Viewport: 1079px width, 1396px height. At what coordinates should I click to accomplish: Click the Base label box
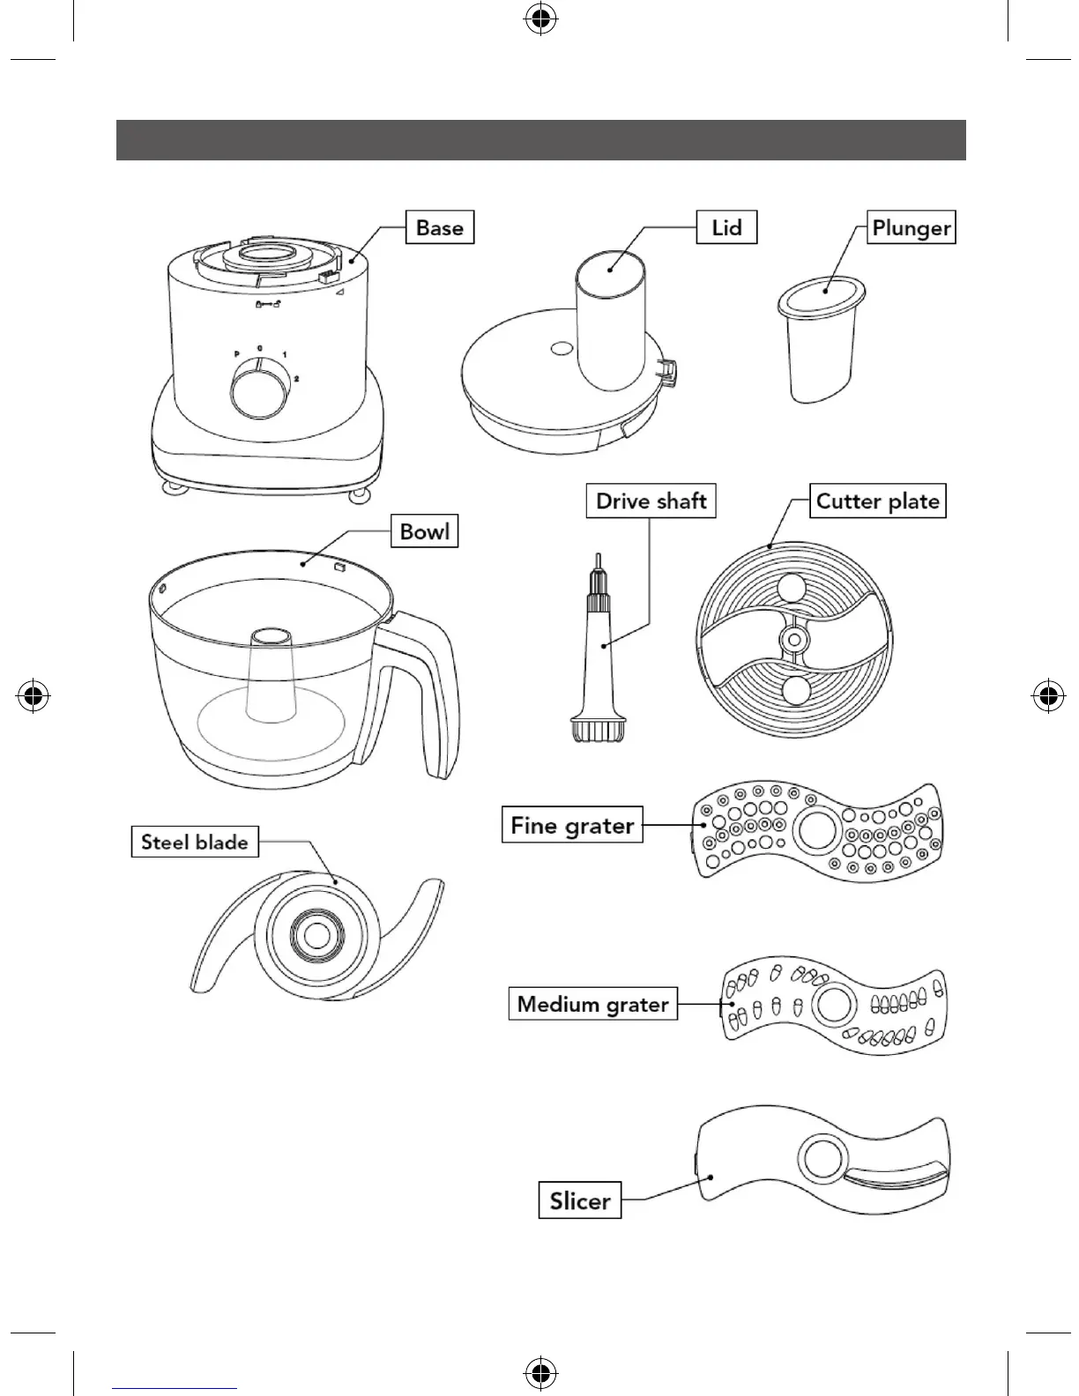pos(439,227)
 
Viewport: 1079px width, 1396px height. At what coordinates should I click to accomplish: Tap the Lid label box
pos(726,227)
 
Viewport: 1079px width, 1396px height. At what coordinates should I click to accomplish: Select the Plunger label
pos(911,227)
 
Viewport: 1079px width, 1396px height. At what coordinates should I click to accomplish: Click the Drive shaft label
pos(651,501)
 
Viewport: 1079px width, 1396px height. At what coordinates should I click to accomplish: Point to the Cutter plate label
pos(877,501)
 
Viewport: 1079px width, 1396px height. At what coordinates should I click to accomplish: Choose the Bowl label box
pos(424,531)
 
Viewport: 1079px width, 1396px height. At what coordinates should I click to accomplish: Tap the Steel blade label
pos(194,842)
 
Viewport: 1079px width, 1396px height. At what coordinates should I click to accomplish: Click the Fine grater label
pos(572,826)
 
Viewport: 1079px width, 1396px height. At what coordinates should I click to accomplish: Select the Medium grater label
pos(592,1004)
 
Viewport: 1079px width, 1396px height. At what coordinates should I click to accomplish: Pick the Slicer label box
pos(580,1200)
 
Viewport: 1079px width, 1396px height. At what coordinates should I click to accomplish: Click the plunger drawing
pos(819,344)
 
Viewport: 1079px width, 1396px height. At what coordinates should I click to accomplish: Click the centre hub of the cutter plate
pos(796,638)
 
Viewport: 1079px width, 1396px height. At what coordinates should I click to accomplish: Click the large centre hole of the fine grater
pos(817,829)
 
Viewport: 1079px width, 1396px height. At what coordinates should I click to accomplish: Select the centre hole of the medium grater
pos(833,1004)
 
